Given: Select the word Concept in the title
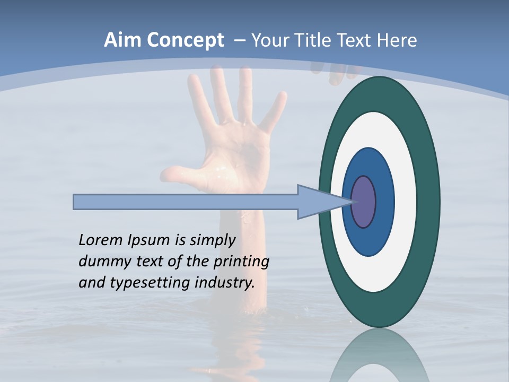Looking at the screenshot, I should tap(185, 40).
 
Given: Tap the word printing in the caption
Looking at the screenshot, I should tap(241, 262).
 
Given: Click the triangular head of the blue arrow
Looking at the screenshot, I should tap(313, 202).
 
